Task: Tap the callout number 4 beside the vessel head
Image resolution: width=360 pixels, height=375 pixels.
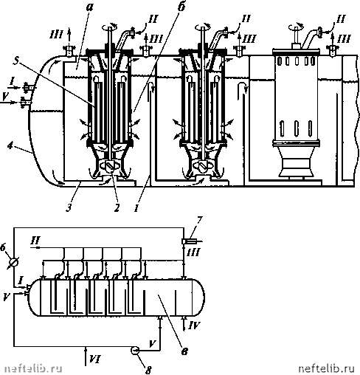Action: coord(10,146)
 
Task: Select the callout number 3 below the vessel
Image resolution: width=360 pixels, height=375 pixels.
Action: coord(69,207)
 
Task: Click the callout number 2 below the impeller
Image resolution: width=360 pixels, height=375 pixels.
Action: coord(117,207)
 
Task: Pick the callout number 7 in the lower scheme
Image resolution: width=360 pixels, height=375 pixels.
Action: coord(199,220)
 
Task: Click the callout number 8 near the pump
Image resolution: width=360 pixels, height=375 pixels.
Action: coord(148,369)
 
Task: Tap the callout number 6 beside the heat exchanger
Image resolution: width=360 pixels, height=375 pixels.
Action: coord(3,247)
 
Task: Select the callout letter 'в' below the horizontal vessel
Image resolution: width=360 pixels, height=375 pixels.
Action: coord(184,351)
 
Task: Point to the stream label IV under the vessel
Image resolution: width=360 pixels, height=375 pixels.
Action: coord(194,326)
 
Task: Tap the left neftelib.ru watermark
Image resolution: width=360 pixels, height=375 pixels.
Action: coord(33,368)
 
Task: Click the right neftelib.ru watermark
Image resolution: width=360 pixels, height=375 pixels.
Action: coord(327,368)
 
